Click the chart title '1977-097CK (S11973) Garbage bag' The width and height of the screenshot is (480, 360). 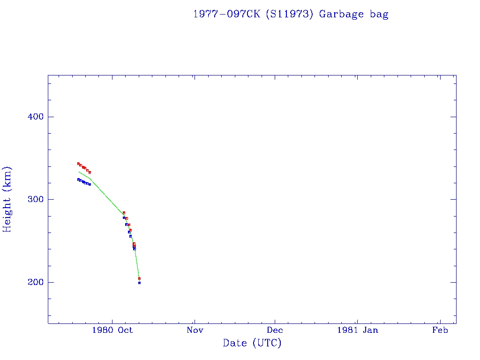(291, 14)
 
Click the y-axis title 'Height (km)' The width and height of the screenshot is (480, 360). (7, 199)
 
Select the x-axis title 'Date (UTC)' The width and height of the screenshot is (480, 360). (252, 343)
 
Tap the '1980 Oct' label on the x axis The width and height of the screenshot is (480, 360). (112, 330)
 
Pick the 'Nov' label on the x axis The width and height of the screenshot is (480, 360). (195, 330)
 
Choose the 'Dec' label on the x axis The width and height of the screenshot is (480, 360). (275, 330)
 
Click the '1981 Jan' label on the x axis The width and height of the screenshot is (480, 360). (357, 330)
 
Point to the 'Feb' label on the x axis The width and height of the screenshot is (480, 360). (440, 330)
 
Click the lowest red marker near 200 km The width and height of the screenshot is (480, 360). (139, 278)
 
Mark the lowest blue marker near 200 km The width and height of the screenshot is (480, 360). (139, 283)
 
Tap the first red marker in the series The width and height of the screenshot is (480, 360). (78, 164)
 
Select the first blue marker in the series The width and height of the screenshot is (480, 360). (78, 180)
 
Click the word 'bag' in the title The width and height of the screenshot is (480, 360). (379, 14)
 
